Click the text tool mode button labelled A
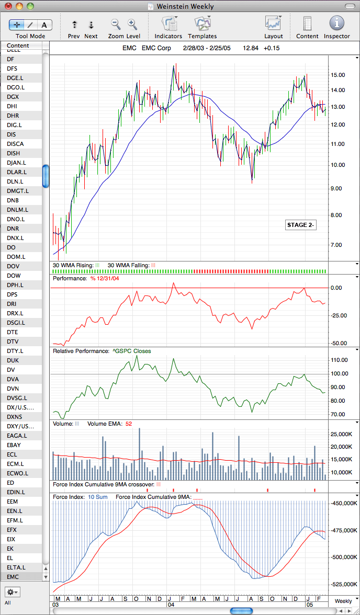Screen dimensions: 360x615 (44, 25)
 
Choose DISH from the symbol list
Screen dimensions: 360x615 (14, 153)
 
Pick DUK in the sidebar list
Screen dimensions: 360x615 (13, 360)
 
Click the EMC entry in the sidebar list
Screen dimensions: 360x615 (13, 577)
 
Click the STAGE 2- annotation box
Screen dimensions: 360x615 (301, 225)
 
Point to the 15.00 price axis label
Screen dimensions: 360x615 (339, 75)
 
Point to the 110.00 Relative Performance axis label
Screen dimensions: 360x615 (339, 360)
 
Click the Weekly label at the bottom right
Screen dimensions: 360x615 (343, 601)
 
